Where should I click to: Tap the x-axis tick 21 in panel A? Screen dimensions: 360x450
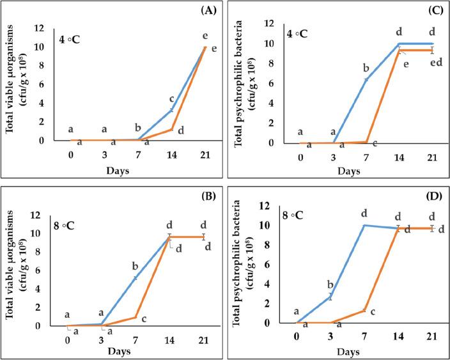coord(204,154)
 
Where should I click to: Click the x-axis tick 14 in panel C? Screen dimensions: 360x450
coord(400,157)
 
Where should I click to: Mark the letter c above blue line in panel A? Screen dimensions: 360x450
coord(171,99)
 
